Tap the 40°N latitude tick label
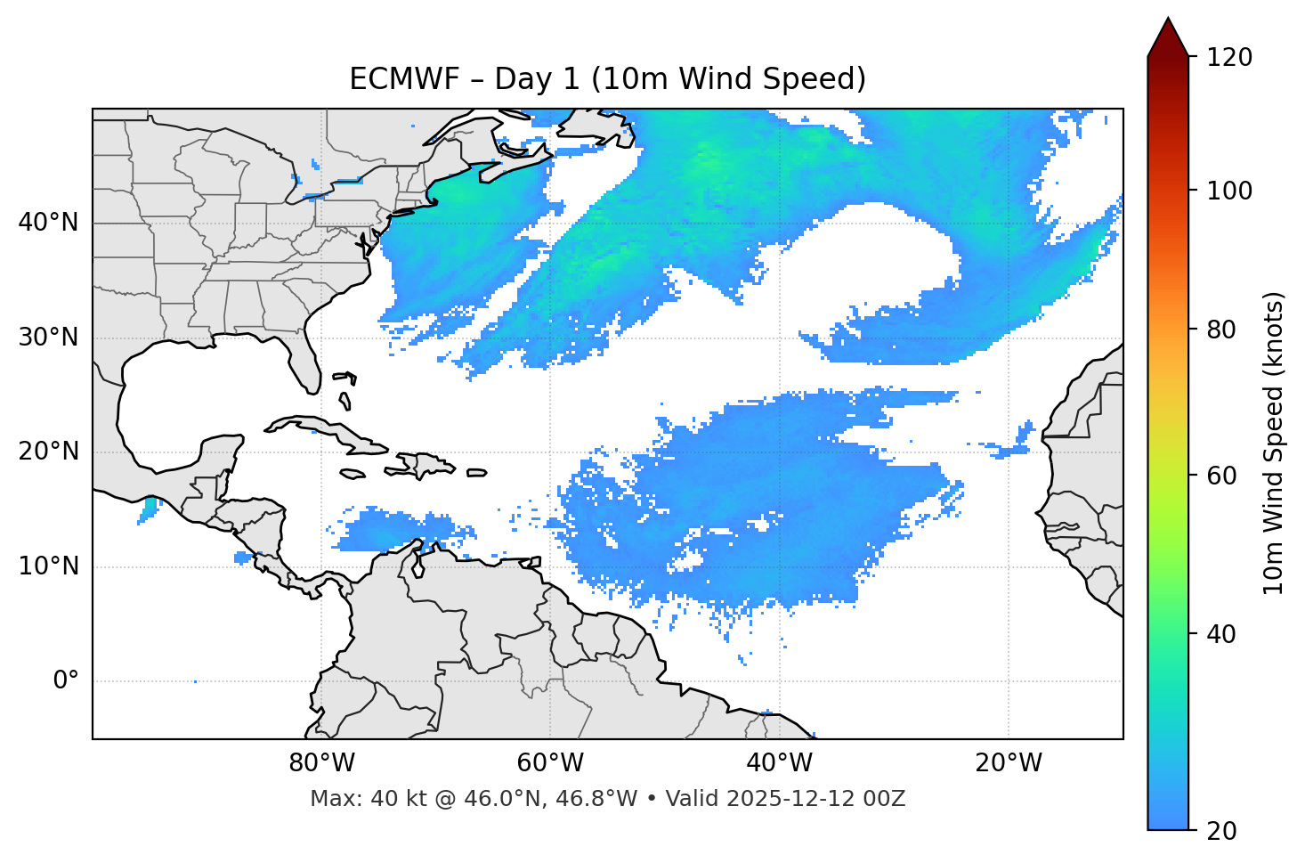coord(48,223)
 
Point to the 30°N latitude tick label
coord(48,338)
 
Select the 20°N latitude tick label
coord(48,452)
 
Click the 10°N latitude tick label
coord(48,566)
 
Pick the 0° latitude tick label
coord(66,681)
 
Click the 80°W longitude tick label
coord(322,763)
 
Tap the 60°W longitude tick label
coord(551,763)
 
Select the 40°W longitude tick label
coord(780,763)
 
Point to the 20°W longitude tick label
coord(1009,763)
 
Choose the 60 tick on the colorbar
coord(1223,476)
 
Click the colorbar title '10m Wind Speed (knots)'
coord(1274,443)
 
